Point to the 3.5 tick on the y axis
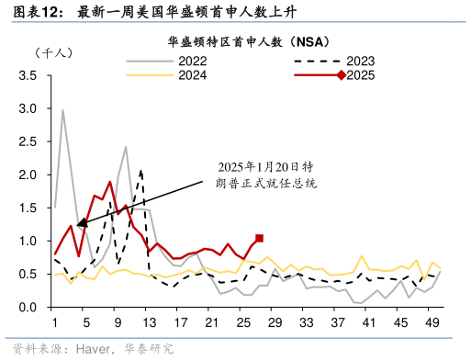tap(28, 75)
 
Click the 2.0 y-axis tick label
tap(28, 174)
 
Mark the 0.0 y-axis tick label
tap(28, 307)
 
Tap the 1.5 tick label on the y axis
tap(28, 208)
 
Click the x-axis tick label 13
tap(149, 322)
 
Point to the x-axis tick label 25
tap(242, 322)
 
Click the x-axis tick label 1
tap(55, 322)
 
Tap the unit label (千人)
tap(52, 54)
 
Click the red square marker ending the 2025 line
tap(259, 238)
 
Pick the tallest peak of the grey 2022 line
tap(62, 110)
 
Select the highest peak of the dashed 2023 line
tap(140, 170)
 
